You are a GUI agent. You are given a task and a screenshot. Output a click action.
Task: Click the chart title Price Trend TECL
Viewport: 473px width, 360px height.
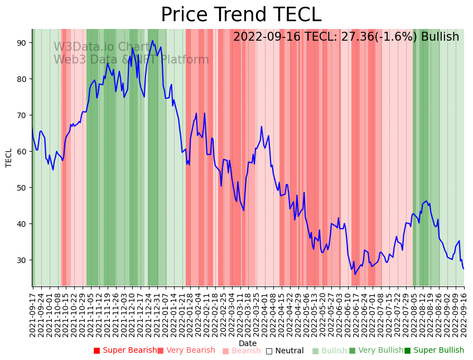pyautogui.click(x=241, y=15)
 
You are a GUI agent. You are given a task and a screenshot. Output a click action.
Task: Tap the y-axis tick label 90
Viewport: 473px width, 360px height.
pyautogui.click(x=22, y=43)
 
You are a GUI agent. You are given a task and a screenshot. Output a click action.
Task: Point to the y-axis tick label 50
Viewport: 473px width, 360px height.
pyautogui.click(x=22, y=188)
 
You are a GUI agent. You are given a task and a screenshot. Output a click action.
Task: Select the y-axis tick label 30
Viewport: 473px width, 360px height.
pyautogui.click(x=22, y=260)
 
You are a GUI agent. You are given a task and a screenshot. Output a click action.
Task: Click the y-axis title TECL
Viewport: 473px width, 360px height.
pyautogui.click(x=9, y=158)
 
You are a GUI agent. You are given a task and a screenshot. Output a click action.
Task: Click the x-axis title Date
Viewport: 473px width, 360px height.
pyautogui.click(x=248, y=343)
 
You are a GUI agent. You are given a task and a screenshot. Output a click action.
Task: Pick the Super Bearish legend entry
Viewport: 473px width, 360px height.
pyautogui.click(x=126, y=351)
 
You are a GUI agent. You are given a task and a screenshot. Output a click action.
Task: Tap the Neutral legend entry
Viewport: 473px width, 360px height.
pyautogui.click(x=285, y=351)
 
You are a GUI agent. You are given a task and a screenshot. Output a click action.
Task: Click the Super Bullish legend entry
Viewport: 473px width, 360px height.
pyautogui.click(x=435, y=351)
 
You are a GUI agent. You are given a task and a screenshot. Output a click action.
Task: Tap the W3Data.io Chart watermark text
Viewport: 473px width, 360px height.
pyautogui.click(x=102, y=47)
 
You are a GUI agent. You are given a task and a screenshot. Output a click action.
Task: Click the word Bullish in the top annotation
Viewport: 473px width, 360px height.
pyautogui.click(x=440, y=37)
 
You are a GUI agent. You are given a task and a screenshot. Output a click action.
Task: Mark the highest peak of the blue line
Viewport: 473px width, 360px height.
pyautogui.click(x=152, y=40)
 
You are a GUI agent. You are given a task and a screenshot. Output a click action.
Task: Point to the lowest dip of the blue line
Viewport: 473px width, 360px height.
pyautogui.click(x=355, y=274)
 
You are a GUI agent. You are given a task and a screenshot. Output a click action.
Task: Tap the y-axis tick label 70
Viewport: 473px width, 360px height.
pyautogui.click(x=22, y=115)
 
